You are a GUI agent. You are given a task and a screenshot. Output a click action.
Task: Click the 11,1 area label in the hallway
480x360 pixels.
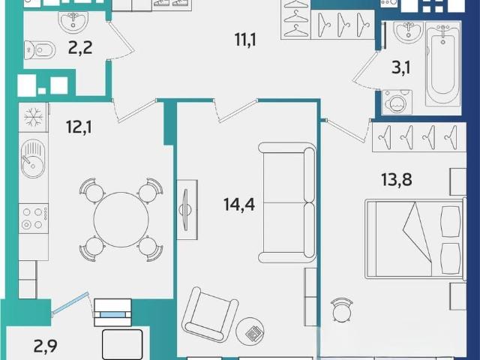pyautogui.click(x=245, y=40)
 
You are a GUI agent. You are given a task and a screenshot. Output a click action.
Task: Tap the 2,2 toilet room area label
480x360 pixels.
pyautogui.click(x=80, y=48)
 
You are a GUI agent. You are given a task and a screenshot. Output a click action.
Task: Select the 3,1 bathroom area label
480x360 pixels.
pyautogui.click(x=401, y=67)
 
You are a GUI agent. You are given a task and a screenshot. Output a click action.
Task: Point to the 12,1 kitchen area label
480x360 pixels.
pyautogui.click(x=79, y=127)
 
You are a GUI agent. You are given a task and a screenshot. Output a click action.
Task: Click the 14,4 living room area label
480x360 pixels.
pyautogui.click(x=239, y=204)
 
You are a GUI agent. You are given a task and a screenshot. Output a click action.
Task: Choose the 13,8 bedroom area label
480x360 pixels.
pyautogui.click(x=397, y=179)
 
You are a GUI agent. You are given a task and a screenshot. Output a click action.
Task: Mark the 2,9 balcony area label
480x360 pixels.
pyautogui.click(x=45, y=346)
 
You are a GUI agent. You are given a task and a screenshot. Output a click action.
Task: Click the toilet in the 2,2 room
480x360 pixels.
pyautogui.click(x=40, y=50)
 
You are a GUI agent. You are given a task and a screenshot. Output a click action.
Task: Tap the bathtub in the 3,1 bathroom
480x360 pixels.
pyautogui.click(x=443, y=63)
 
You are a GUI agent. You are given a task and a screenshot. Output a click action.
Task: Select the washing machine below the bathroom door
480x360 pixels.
pyautogui.click(x=397, y=103)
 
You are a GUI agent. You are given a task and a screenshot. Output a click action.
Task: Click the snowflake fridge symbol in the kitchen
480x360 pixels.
pyautogui.click(x=33, y=117)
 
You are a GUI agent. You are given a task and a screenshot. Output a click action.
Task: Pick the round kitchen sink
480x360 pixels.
pyautogui.click(x=33, y=158)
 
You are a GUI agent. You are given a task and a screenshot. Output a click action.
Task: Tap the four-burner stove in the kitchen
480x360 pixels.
pyautogui.click(x=34, y=218)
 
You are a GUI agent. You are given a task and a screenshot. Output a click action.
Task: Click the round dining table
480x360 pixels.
pyautogui.click(x=121, y=220)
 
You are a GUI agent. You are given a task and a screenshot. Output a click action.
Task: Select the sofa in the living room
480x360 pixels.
pyautogui.click(x=287, y=202)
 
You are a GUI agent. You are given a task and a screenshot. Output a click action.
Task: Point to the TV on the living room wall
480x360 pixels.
pyautogui.click(x=186, y=210)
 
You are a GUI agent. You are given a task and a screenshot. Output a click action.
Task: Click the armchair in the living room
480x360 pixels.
pyautogui.click(x=210, y=314)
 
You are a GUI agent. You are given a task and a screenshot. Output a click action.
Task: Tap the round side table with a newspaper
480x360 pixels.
pyautogui.click(x=250, y=331)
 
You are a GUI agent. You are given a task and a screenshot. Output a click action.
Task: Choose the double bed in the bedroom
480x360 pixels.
pyautogui.click(x=415, y=238)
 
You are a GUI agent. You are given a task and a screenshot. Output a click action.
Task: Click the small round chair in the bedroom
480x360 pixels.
pyautogui.click(x=342, y=310)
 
